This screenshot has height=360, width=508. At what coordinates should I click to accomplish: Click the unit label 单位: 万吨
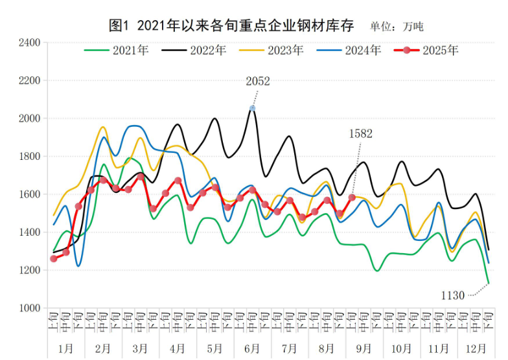(x=397, y=27)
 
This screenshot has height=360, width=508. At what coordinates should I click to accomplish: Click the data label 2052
(x=258, y=82)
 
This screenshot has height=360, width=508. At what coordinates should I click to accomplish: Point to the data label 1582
(x=361, y=134)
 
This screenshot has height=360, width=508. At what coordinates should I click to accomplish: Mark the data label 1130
(x=453, y=296)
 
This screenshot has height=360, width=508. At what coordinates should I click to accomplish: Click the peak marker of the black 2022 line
(x=252, y=108)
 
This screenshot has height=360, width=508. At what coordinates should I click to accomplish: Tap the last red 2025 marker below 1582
(x=352, y=197)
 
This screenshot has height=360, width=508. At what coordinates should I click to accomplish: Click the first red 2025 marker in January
(x=54, y=258)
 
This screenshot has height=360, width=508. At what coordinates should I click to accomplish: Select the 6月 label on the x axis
(x=253, y=348)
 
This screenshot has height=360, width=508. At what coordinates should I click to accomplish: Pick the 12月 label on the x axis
(x=476, y=348)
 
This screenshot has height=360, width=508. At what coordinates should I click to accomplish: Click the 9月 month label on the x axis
(x=364, y=348)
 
